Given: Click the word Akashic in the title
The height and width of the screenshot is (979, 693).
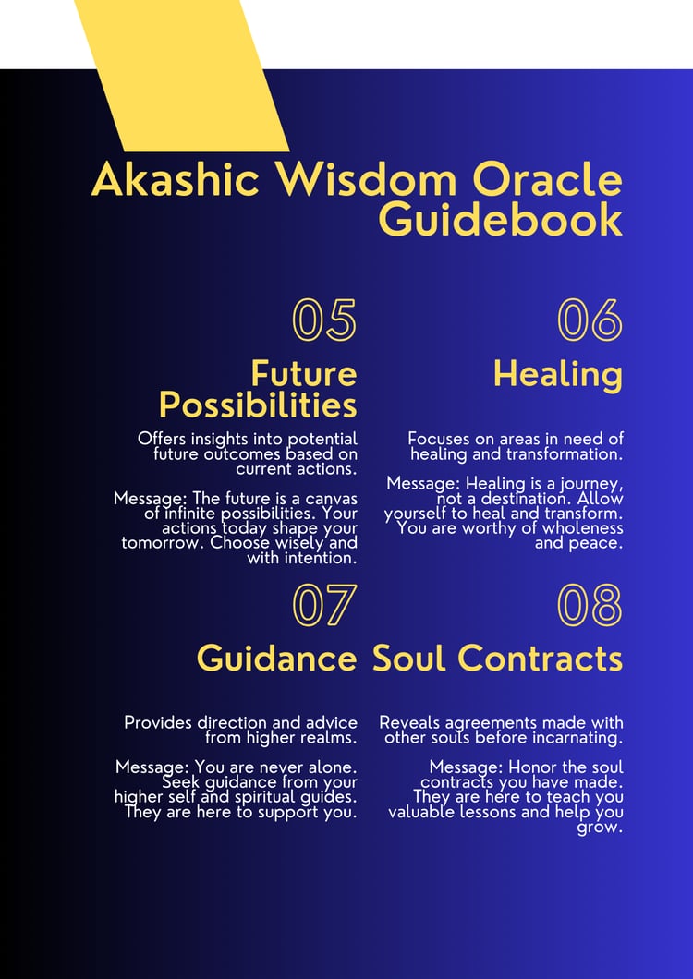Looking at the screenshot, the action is [x=176, y=180].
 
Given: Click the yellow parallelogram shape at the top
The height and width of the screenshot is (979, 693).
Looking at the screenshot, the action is [x=181, y=76].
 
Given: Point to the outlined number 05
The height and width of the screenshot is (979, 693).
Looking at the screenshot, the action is [x=324, y=320].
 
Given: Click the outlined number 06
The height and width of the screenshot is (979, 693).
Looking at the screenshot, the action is [x=590, y=320].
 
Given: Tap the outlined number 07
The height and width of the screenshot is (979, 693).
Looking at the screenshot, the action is [x=324, y=605].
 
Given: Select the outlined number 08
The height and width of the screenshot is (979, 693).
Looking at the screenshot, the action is [x=590, y=605].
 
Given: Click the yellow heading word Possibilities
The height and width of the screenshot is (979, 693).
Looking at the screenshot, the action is [x=258, y=405].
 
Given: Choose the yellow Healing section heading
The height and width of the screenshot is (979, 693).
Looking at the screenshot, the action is [x=558, y=375].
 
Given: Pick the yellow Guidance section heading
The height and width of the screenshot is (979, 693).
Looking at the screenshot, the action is [x=277, y=659].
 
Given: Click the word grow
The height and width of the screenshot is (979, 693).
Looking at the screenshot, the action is [x=600, y=828].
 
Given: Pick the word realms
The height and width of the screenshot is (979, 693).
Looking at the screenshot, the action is [x=334, y=737].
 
